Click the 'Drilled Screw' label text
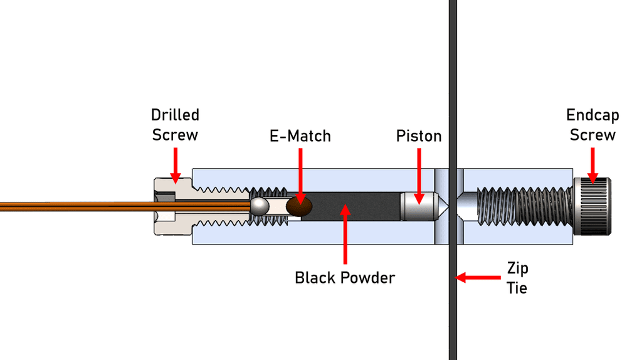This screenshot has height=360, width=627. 175,125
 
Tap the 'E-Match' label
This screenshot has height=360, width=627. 300,135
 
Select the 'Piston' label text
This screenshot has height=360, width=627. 419,135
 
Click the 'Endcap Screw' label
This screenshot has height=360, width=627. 593,125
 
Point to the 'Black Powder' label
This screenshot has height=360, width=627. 345,277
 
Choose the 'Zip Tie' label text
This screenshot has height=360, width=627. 517,278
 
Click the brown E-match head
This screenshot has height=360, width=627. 299,206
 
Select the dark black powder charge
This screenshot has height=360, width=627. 357,206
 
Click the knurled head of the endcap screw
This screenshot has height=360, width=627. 593,206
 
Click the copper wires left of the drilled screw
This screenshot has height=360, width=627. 75,206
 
